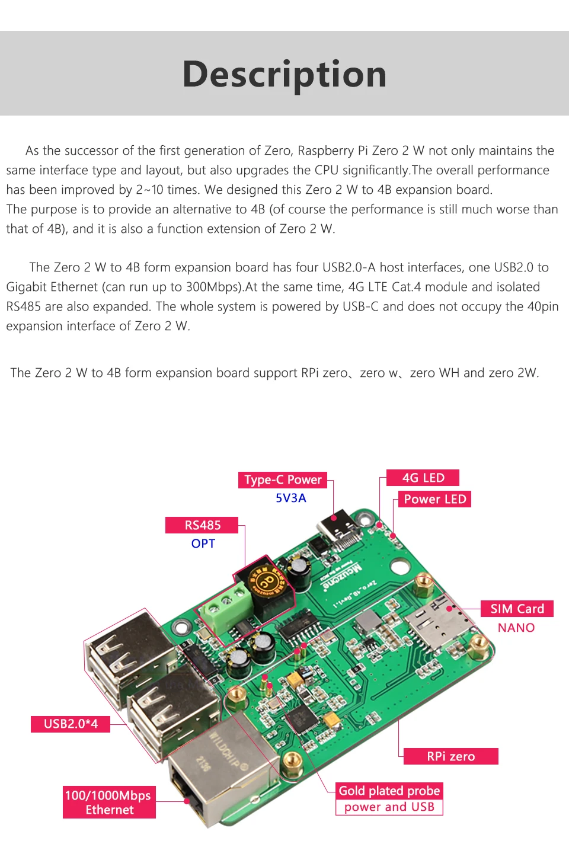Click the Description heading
[284, 75]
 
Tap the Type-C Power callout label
[283, 480]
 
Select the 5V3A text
[290, 498]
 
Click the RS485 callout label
[202, 525]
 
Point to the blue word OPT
[203, 544]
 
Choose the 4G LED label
[423, 478]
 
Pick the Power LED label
[434, 499]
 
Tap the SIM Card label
[517, 609]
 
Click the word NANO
[516, 628]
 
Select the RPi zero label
[450, 756]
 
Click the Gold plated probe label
[389, 791]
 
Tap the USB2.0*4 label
[71, 724]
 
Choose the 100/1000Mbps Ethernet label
[109, 803]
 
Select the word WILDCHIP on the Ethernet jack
[228, 750]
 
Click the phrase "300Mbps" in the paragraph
[213, 287]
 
